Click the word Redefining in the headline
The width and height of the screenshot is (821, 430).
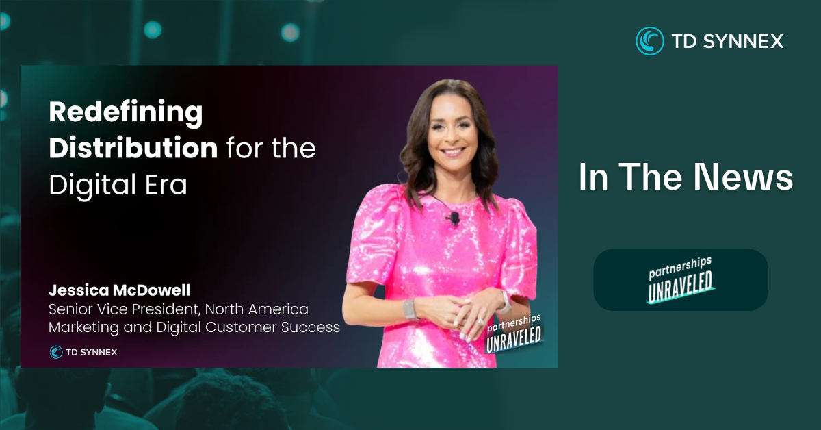[126, 113]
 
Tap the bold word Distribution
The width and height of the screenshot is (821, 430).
[133, 147]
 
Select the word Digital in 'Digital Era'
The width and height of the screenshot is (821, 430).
[93, 186]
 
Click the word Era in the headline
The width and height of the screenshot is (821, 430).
[166, 185]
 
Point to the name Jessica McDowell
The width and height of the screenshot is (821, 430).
[120, 290]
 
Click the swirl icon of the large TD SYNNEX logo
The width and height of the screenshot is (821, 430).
[650, 41]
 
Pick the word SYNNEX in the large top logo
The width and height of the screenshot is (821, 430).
[743, 41]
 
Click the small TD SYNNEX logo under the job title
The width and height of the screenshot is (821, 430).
[83, 352]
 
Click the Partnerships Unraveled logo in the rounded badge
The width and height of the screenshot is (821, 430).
[681, 280]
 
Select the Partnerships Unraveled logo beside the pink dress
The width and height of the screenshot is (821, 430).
[514, 334]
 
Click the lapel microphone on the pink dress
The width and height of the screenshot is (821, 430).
[454, 218]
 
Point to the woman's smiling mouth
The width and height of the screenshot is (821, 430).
[453, 151]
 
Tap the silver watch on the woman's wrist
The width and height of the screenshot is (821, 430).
[410, 309]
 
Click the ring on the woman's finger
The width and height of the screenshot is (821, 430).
[480, 322]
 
